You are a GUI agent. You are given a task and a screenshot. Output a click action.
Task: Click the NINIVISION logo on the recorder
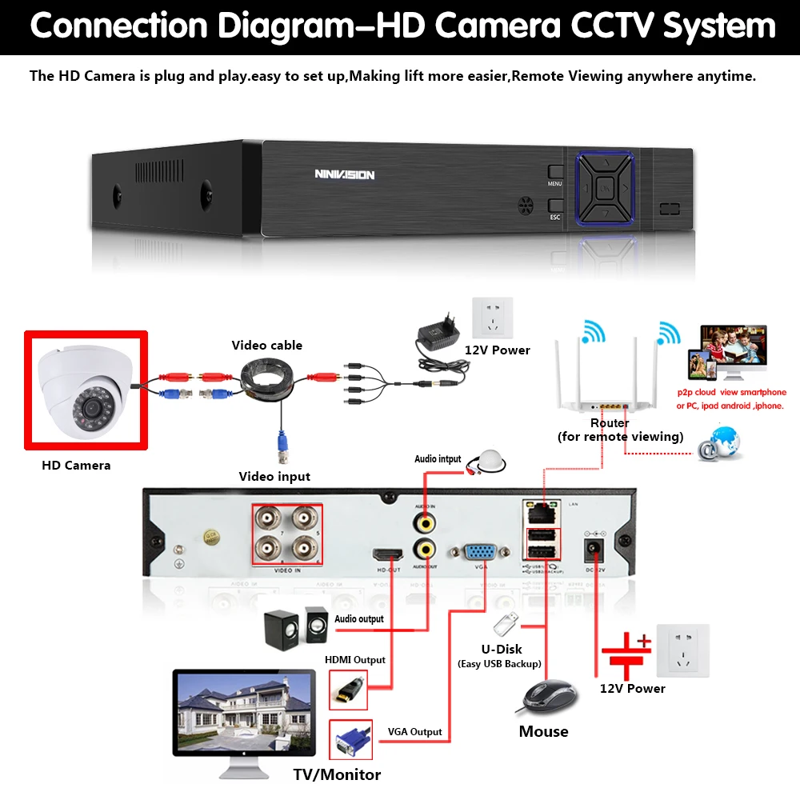pos(344,174)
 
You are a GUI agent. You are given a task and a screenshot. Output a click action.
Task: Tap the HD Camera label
pos(76,465)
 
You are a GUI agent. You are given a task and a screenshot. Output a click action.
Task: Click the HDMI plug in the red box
pos(349,688)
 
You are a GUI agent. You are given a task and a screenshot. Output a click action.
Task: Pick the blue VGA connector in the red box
pos(350,740)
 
